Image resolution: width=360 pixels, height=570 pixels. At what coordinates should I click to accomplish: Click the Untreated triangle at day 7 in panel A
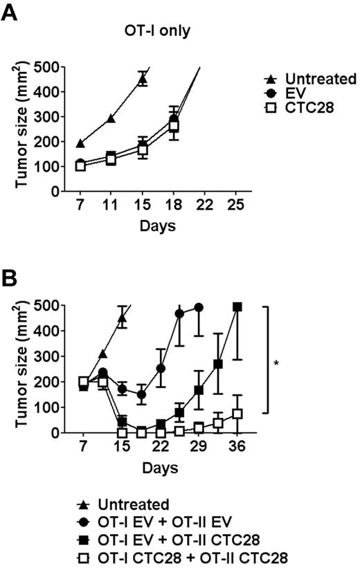[80, 143]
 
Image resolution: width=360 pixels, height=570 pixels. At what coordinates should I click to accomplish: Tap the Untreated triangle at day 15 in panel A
[143, 79]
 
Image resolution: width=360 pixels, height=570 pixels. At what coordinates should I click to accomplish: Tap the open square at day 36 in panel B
[238, 413]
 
